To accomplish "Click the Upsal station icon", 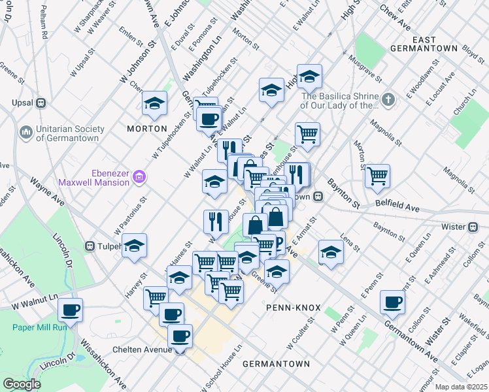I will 41,103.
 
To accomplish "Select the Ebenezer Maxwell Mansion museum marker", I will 138,176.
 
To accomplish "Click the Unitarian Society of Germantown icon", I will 26,133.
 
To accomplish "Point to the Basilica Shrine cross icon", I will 388,100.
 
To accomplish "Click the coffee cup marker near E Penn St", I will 392,301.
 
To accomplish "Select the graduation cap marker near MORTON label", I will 154,103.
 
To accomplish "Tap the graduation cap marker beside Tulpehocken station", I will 135,246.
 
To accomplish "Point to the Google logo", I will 22,384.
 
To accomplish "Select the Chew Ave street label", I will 398,27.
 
